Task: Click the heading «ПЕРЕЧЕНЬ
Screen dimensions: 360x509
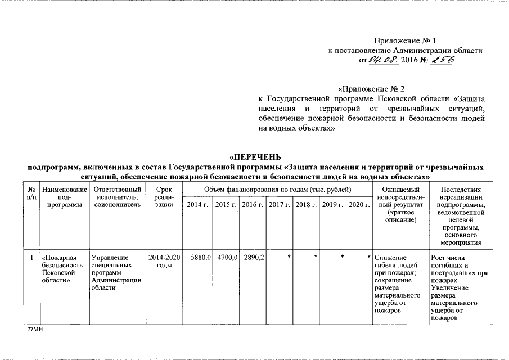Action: [255, 156]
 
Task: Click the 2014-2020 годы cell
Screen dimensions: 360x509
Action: [164, 261]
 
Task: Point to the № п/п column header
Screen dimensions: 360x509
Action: [32, 193]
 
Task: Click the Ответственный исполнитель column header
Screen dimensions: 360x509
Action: [117, 197]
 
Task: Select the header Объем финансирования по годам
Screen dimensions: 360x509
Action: [278, 190]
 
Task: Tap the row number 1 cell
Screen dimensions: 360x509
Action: [32, 257]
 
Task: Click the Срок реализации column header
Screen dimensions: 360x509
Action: [164, 197]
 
